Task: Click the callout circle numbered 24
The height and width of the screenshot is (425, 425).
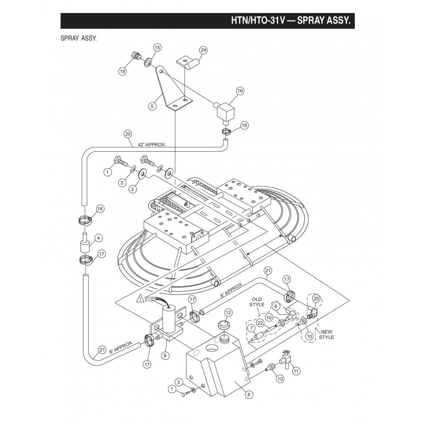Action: point(203,50)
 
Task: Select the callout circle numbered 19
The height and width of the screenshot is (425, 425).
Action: point(122,71)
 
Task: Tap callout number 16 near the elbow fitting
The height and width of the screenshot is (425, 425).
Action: point(240,91)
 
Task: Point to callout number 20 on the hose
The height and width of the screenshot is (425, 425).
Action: point(128,134)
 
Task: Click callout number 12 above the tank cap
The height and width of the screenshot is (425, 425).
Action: point(228,312)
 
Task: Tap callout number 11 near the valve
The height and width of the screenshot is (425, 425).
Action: point(296,371)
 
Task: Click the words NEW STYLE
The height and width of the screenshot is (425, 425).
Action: point(326,334)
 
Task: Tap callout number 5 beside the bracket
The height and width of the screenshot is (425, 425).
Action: point(153,106)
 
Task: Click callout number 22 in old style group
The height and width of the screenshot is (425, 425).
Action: point(260,323)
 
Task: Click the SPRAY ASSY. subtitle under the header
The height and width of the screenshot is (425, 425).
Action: point(79,38)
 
